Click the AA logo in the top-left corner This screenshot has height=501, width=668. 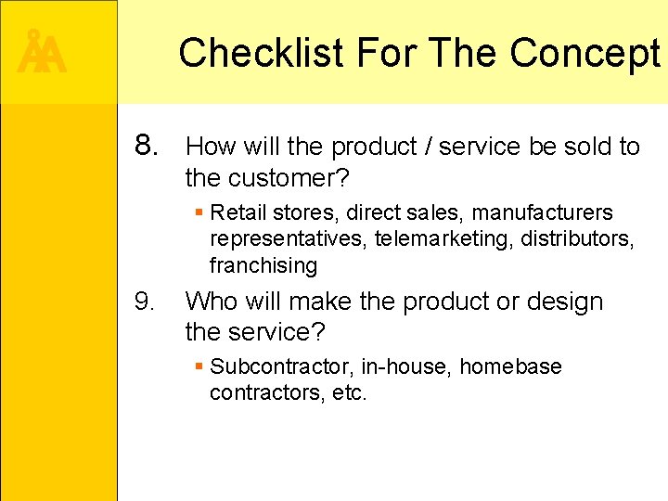point(43,53)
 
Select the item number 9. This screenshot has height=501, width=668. point(145,302)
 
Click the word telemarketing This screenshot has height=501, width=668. point(444,239)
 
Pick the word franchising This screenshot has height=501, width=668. point(263,265)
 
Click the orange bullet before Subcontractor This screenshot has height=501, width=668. point(199,367)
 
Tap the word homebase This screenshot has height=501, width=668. point(510,367)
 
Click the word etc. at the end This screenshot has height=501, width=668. point(350,393)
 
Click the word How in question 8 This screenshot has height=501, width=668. point(211,146)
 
